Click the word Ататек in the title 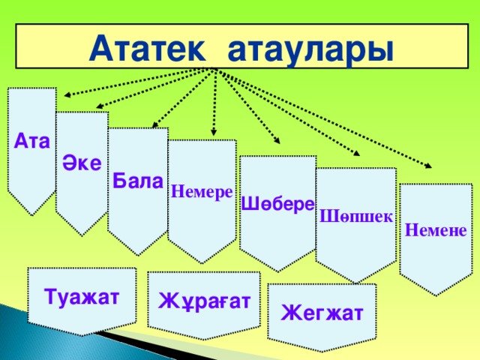pyautogui.click(x=147, y=49)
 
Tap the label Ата pyautogui.click(x=31, y=141)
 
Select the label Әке pyautogui.click(x=82, y=162)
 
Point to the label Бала pyautogui.click(x=138, y=181)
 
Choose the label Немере pyautogui.click(x=202, y=192)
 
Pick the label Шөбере pyautogui.click(x=278, y=204)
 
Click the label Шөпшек pyautogui.click(x=356, y=217)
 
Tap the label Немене pyautogui.click(x=436, y=229)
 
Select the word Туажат pyautogui.click(x=82, y=296)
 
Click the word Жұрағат pyautogui.click(x=204, y=301)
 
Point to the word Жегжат pyautogui.click(x=322, y=313)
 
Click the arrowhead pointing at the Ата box pyautogui.click(x=67, y=95)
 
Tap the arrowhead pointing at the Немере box pyautogui.click(x=214, y=132)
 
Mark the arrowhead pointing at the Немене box pyautogui.click(x=428, y=166)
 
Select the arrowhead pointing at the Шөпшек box pyautogui.click(x=356, y=153)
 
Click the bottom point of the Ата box pyautogui.click(x=32, y=215)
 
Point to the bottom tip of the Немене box pyautogui.click(x=436, y=295)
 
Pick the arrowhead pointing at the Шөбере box pyautogui.click(x=277, y=141)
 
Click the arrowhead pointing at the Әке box pyautogui.click(x=99, y=106)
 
